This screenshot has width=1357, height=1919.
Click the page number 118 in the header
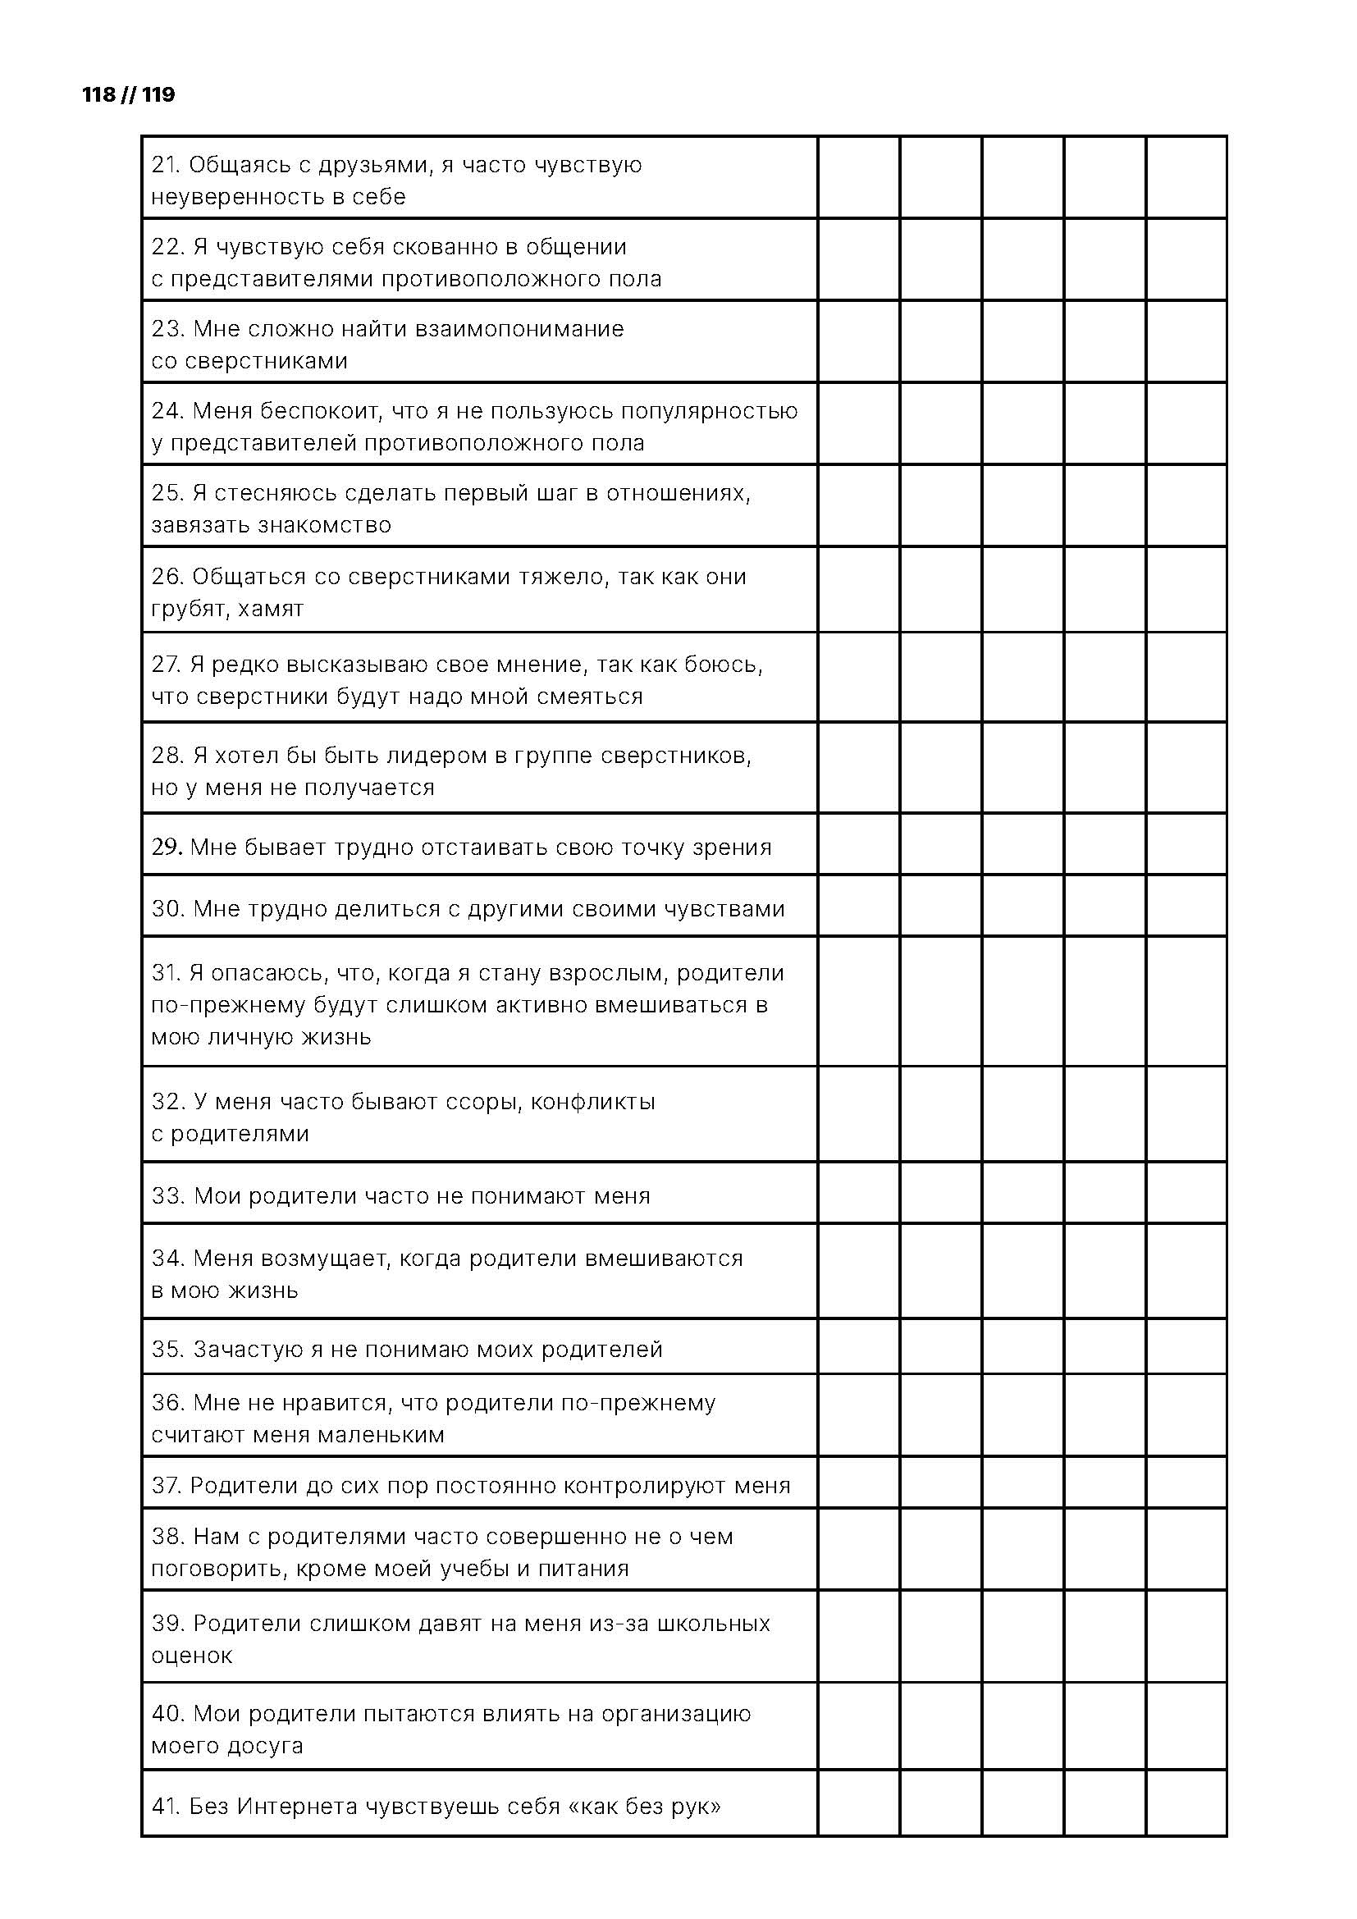tap(98, 94)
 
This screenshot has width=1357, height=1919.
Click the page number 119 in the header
tap(159, 94)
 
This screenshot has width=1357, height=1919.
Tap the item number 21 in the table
tap(166, 166)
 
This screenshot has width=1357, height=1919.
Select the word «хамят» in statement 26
tap(271, 609)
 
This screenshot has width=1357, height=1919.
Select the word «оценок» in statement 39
tap(191, 1655)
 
